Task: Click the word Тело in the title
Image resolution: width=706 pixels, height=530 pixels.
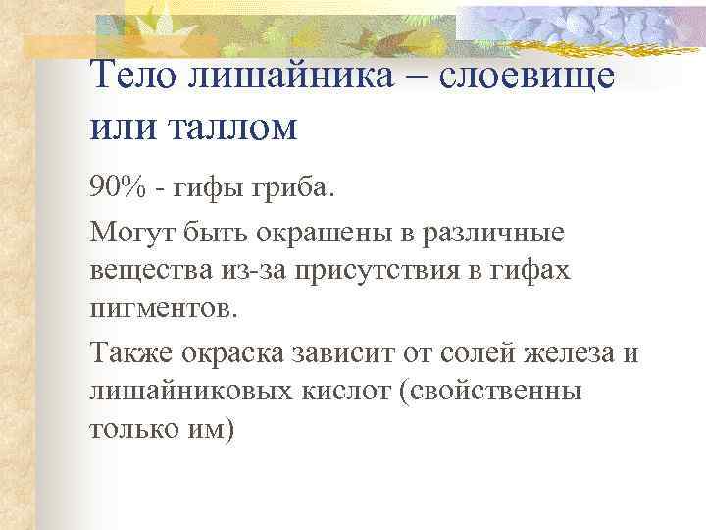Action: (131, 77)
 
